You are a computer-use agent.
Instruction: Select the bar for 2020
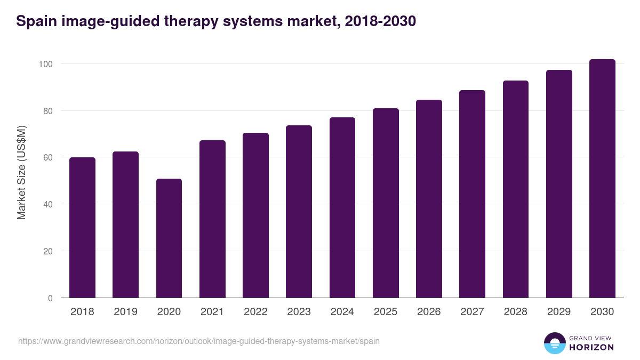pyautogui.click(x=169, y=238)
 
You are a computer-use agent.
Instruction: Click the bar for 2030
pyautogui.click(x=602, y=179)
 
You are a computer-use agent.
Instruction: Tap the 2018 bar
pyautogui.click(x=82, y=228)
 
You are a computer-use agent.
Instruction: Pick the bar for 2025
pyautogui.click(x=386, y=203)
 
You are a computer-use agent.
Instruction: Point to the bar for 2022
pyautogui.click(x=255, y=215)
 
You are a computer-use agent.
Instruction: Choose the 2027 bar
pyautogui.click(x=472, y=194)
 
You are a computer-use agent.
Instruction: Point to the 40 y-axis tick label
pyautogui.click(x=47, y=204)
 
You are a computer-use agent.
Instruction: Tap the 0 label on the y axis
pyautogui.click(x=50, y=298)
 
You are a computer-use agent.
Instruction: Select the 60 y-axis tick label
pyautogui.click(x=47, y=158)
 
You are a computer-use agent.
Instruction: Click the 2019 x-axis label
pyautogui.click(x=125, y=312)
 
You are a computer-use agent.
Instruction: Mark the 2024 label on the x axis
pyautogui.click(x=342, y=312)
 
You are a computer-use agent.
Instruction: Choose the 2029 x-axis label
pyautogui.click(x=559, y=312)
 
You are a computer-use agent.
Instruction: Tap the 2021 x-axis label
pyautogui.click(x=212, y=312)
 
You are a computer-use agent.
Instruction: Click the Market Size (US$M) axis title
pyautogui.click(x=21, y=172)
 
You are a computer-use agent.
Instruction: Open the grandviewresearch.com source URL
pyautogui.click(x=199, y=341)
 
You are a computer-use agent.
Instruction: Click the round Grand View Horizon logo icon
pyautogui.click(x=555, y=343)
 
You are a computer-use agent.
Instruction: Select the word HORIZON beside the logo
pyautogui.click(x=591, y=347)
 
